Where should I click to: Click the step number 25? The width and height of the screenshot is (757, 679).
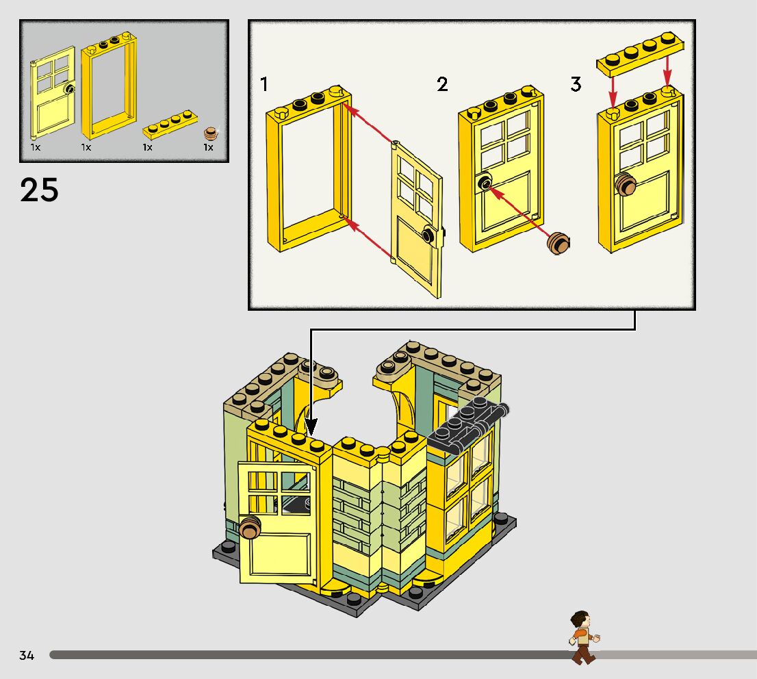pyautogui.click(x=39, y=190)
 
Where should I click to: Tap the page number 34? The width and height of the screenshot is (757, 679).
pyautogui.click(x=27, y=656)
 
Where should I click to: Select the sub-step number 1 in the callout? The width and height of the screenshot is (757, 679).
pyautogui.click(x=264, y=85)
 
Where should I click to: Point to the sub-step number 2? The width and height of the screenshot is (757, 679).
pyautogui.click(x=442, y=85)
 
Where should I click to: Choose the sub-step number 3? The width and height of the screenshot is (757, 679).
pyautogui.click(x=576, y=85)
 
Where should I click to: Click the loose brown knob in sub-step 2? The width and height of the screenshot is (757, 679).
pyautogui.click(x=560, y=242)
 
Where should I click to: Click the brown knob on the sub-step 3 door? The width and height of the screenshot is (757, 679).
pyautogui.click(x=626, y=185)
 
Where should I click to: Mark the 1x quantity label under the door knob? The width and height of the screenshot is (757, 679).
pyautogui.click(x=208, y=147)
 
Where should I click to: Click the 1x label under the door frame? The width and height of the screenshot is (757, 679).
pyautogui.click(x=86, y=147)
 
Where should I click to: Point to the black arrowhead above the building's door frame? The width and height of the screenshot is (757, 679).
pyautogui.click(x=311, y=428)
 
